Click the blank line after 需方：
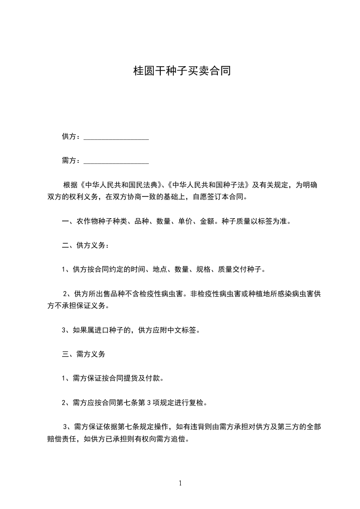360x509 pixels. (116, 161)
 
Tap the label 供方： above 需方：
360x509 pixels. (72, 137)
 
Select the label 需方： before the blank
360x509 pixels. (72, 160)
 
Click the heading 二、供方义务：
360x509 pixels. (85, 245)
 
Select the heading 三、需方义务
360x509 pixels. (84, 354)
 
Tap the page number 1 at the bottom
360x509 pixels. (180, 483)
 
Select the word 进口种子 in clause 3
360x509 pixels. (109, 330)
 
